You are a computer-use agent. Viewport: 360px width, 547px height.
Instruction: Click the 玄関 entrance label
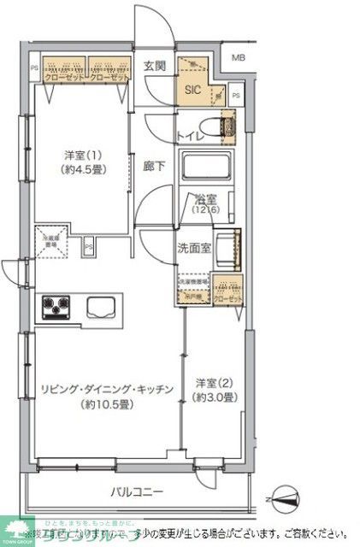click(155, 67)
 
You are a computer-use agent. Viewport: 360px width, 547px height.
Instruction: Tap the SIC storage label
click(192, 85)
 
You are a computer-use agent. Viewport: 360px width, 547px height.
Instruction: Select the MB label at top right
click(239, 57)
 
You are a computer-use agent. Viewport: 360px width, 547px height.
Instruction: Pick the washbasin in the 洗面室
click(227, 248)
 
